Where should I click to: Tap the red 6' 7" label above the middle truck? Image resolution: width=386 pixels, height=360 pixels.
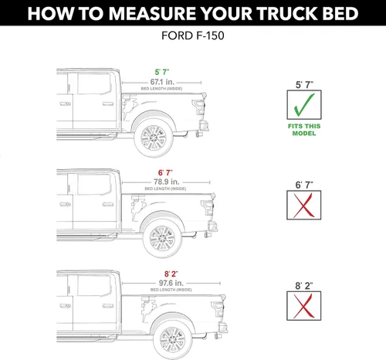[162, 172]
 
